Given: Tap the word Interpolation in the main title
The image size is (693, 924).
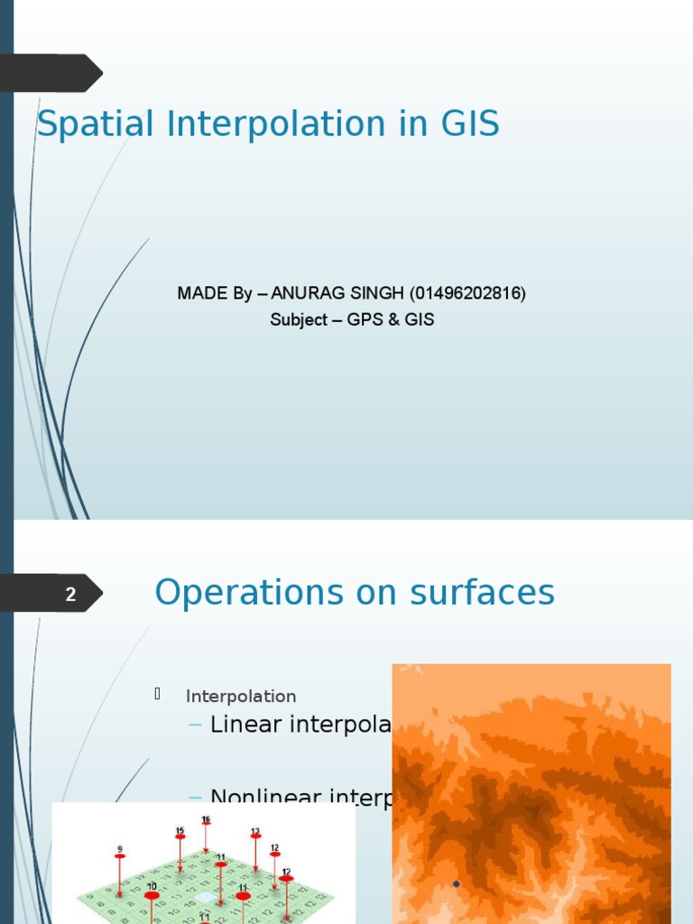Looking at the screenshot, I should coord(275,125).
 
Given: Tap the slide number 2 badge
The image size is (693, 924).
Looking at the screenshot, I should coord(71,595).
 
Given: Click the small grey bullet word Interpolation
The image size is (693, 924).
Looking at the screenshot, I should coord(241,697).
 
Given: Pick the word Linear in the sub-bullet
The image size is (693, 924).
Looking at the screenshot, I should coord(245,725).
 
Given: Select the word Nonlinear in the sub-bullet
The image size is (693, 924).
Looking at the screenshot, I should coord(262,797).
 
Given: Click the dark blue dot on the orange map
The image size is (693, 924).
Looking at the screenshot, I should coord(457,883).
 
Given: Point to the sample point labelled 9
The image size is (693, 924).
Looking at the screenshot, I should coord(119,854).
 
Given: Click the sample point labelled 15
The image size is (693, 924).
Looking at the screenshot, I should coord(180,836).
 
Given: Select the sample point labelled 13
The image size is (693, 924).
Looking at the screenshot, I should coord(255,836).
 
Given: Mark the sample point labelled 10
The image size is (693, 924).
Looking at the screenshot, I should coord(152,895).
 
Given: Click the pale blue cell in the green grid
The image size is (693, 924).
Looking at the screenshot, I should coord(208,898).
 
